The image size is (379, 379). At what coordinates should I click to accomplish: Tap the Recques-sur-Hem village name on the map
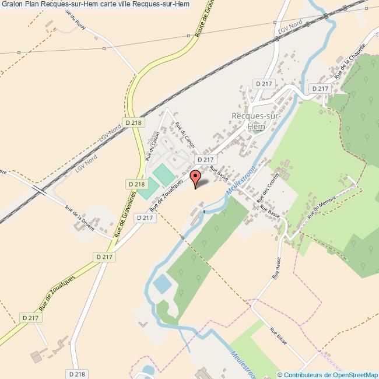click(257, 121)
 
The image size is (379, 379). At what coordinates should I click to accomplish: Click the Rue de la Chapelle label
click(350, 61)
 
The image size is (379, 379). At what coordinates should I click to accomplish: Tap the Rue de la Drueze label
click(80, 217)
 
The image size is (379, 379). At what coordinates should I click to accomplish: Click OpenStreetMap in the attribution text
click(355, 374)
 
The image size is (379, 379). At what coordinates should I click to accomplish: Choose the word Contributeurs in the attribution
click(302, 374)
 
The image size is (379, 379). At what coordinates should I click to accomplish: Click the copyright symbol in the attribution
click(280, 374)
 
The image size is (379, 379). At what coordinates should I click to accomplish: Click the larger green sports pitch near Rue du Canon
click(164, 175)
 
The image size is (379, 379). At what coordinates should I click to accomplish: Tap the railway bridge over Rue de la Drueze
click(39, 189)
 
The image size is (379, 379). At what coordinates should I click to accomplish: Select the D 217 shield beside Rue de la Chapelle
click(320, 89)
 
